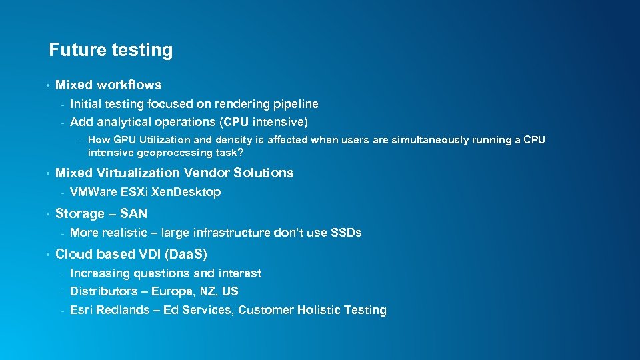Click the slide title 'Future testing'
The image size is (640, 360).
[x=111, y=50]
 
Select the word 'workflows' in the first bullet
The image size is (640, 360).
[x=129, y=85]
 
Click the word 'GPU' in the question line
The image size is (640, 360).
[x=125, y=140]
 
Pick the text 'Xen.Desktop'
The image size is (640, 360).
[x=186, y=192]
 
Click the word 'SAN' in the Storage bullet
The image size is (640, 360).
[x=133, y=213]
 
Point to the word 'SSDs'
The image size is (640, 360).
[x=347, y=233]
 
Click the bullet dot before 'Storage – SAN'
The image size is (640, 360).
[x=48, y=214]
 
